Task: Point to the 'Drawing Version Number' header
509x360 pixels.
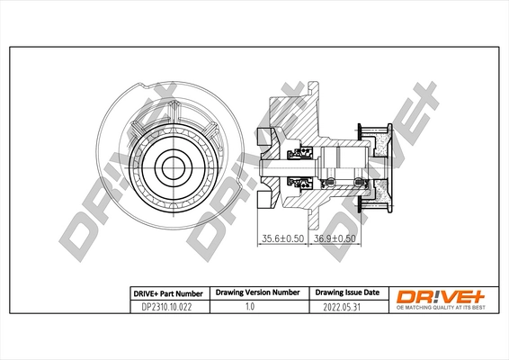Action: pos(256,293)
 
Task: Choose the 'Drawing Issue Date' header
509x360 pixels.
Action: pos(346,293)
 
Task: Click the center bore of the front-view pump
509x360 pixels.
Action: pos(171,166)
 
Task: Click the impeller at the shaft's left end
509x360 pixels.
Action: pos(263,166)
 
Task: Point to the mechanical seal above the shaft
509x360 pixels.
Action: pos(294,154)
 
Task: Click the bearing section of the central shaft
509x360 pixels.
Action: pos(337,166)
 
